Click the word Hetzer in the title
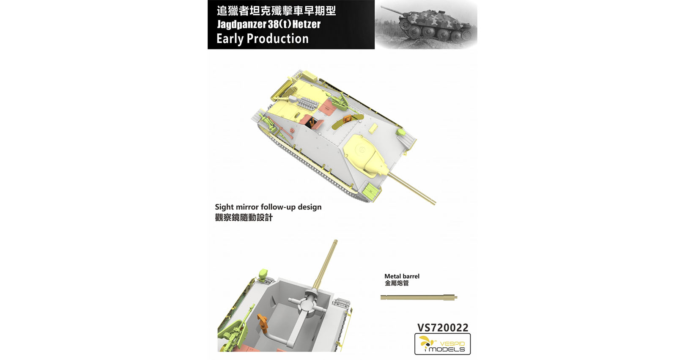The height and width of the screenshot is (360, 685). click(x=306, y=24)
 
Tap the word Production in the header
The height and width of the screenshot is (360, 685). click(x=278, y=38)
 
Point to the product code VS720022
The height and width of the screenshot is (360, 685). click(x=442, y=327)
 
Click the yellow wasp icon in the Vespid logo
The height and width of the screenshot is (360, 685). click(x=426, y=343)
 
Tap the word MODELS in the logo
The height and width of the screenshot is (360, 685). click(x=447, y=349)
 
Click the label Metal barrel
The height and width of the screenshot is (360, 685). click(x=402, y=276)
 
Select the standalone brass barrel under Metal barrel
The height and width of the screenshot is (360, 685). click(x=419, y=297)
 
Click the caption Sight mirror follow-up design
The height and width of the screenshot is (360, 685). click(x=268, y=207)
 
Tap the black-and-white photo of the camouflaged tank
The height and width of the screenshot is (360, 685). click(x=426, y=25)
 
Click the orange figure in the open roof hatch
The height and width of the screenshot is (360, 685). click(x=347, y=119)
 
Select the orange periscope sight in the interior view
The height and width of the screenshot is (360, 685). click(x=263, y=324)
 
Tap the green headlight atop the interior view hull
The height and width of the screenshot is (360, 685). click(x=263, y=273)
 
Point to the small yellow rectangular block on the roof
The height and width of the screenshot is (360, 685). click(x=373, y=128)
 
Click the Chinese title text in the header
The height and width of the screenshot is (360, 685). click(x=276, y=11)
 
